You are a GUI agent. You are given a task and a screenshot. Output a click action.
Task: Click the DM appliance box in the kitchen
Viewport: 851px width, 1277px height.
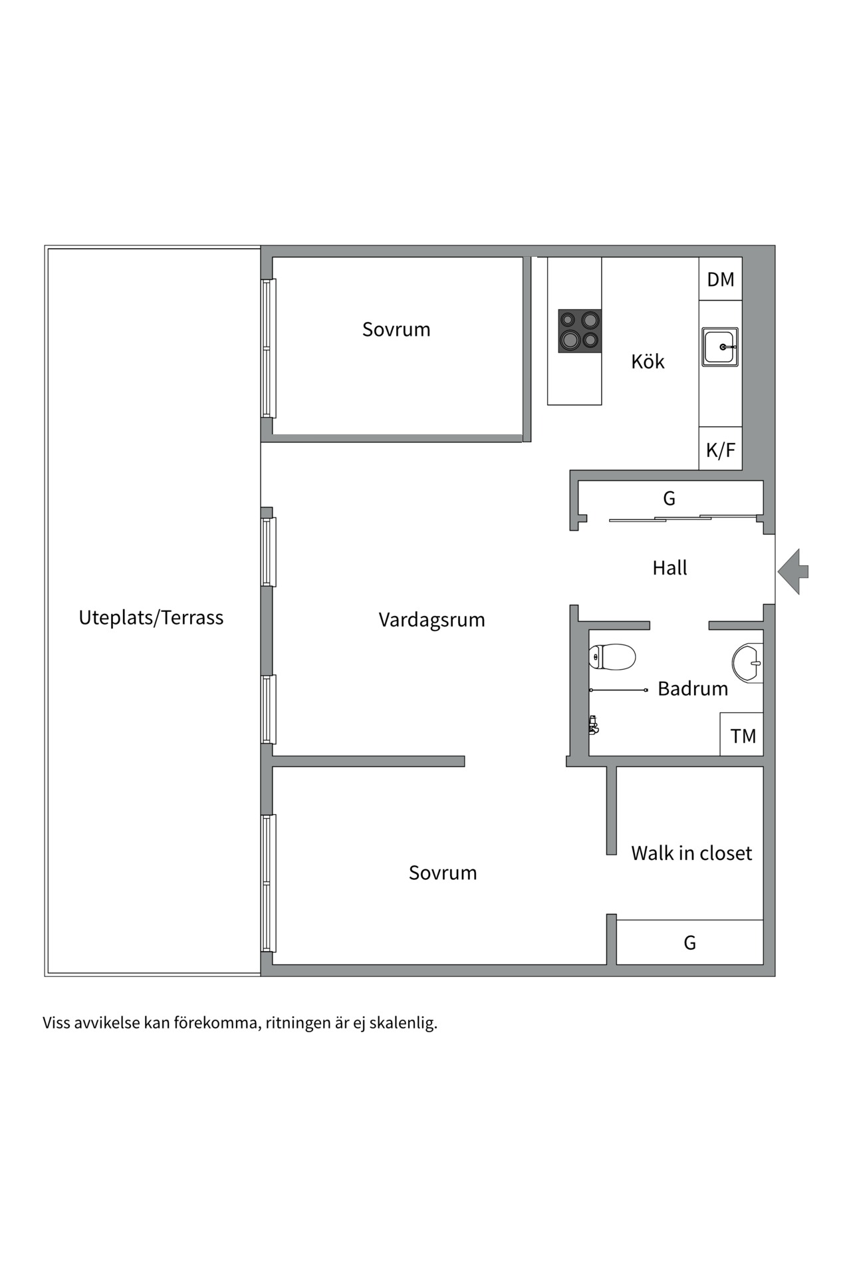click(x=720, y=279)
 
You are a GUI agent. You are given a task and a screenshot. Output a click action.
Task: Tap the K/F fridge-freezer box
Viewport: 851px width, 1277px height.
click(x=720, y=450)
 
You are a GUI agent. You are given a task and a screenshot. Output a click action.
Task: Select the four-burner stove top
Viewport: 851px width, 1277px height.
click(x=580, y=331)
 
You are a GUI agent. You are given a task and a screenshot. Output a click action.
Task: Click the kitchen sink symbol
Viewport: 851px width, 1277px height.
click(x=720, y=347)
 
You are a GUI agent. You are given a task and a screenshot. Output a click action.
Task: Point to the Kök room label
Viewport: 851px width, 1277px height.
click(x=648, y=362)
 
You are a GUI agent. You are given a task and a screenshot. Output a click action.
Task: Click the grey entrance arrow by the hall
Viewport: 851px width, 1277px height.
click(x=792, y=571)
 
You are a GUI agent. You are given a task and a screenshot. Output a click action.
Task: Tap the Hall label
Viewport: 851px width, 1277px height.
click(x=669, y=568)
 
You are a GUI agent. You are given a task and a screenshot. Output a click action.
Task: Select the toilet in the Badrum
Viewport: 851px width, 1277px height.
click(x=612, y=657)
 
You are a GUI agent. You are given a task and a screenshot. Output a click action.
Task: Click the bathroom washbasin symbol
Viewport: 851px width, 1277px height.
click(x=749, y=662)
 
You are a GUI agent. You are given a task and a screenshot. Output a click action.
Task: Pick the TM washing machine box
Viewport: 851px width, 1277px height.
click(x=742, y=736)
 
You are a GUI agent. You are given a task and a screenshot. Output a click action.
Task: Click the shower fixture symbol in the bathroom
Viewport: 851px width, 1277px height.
click(x=594, y=724)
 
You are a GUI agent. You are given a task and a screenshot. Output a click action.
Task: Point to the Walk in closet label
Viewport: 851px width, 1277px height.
click(x=691, y=853)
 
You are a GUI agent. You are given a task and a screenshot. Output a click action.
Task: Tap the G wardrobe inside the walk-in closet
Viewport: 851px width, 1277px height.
click(x=689, y=942)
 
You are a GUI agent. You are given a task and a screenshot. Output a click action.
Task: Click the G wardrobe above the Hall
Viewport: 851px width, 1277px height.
click(x=669, y=498)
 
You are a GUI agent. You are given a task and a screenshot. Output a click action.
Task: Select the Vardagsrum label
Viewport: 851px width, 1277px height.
click(x=431, y=620)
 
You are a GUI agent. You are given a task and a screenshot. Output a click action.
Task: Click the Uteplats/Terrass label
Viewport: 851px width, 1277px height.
click(x=151, y=618)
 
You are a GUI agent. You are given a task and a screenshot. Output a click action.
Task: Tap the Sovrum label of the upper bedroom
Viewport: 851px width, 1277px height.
click(x=396, y=329)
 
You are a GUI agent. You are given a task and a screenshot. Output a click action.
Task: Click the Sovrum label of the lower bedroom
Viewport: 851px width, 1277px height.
click(x=443, y=873)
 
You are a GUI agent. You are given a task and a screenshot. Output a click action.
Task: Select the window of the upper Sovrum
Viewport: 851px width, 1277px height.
click(x=268, y=349)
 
